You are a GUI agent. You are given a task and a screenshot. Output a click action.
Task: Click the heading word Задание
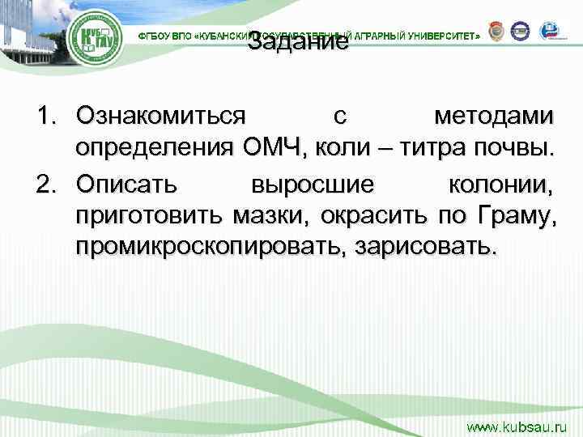[298, 42]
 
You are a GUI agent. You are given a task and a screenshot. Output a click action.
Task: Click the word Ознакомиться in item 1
[160, 117]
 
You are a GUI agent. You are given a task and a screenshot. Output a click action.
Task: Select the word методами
[495, 117]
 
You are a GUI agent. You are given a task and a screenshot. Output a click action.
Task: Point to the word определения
[153, 148]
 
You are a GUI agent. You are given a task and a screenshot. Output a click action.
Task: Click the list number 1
[45, 117]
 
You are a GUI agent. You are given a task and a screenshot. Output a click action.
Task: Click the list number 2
[45, 184]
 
